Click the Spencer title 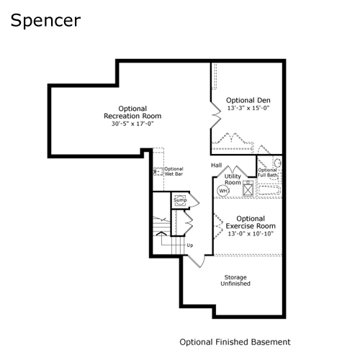coord(45,21)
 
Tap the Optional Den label coord(248,100)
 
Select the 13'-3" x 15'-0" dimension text coord(248,108)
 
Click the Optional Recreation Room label coord(132,112)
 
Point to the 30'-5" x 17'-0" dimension coord(132,124)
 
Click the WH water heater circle coord(223,191)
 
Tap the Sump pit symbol coord(180,200)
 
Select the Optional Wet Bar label coord(174,171)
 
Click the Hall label coord(217,165)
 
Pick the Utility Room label coord(233,179)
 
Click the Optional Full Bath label coord(267,173)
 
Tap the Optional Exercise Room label coord(251,222)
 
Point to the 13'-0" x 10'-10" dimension coord(251,233)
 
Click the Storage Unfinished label coord(235,280)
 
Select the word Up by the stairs coord(190,246)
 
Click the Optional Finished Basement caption coord(235,342)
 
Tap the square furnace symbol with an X coord(248,189)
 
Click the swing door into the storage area coord(197,261)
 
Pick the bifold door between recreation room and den coord(216,115)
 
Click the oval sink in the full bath coord(278,163)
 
